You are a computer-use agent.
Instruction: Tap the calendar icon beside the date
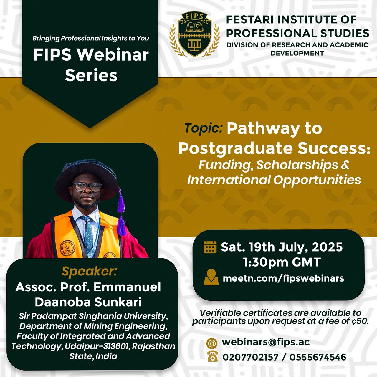210,247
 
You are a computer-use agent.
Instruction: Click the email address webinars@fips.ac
266,342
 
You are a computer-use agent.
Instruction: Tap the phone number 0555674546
318,357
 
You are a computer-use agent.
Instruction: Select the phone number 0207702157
250,357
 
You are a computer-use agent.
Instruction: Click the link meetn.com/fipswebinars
283,278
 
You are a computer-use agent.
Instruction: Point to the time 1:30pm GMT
282,262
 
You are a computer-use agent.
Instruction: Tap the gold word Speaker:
89,271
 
